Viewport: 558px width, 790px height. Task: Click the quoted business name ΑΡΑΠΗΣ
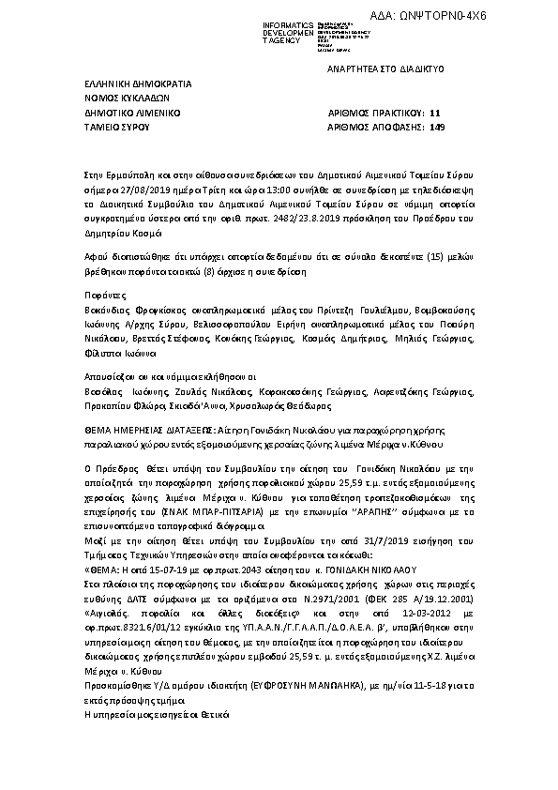[x=344, y=514]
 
